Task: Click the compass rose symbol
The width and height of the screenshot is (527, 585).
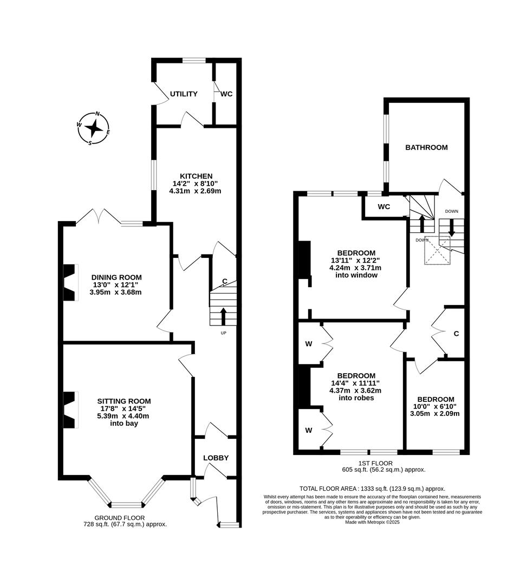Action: (x=94, y=128)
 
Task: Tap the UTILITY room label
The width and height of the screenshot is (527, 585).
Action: (x=184, y=94)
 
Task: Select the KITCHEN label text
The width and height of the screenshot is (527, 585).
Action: (x=196, y=176)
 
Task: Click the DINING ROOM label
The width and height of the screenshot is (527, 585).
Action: (x=116, y=276)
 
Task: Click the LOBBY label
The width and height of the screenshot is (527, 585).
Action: (x=216, y=458)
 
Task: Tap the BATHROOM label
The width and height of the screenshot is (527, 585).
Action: (x=426, y=147)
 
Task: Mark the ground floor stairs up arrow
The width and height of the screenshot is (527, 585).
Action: (x=223, y=316)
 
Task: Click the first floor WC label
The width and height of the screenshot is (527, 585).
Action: (x=384, y=207)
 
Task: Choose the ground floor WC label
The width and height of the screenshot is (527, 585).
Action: (x=226, y=94)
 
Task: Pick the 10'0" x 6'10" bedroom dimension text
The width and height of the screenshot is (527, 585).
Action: (x=434, y=406)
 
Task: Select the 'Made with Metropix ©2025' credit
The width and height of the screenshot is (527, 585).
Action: (x=372, y=522)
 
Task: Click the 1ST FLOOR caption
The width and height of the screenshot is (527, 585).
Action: (x=383, y=463)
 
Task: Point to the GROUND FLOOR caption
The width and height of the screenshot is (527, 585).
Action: (x=125, y=517)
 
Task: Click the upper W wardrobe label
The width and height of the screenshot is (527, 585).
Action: (x=309, y=343)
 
